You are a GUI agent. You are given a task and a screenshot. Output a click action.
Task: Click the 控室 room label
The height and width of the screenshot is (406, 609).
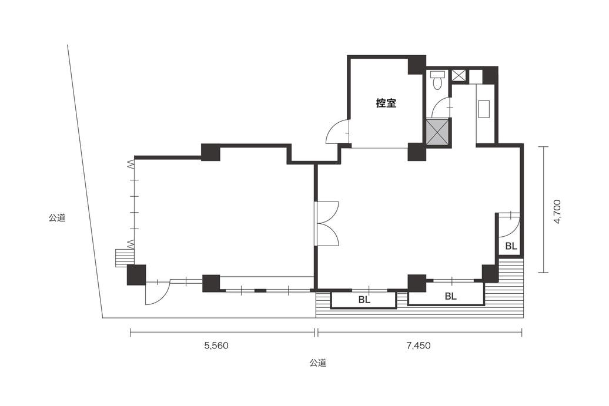[386, 103]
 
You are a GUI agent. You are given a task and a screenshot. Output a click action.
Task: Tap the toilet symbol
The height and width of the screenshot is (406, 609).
[437, 80]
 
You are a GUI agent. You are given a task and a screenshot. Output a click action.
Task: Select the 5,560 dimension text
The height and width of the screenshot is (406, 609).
[216, 345]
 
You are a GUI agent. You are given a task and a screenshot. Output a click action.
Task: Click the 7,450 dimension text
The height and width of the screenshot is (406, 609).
[419, 345]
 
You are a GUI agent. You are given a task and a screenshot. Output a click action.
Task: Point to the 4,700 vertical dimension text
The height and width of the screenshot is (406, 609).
[557, 212]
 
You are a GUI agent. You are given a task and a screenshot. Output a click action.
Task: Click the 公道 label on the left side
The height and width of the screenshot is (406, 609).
[56, 218]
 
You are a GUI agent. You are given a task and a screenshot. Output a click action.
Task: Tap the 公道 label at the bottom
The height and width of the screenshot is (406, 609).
[317, 363]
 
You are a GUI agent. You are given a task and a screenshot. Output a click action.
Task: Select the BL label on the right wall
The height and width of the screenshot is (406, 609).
[511, 246]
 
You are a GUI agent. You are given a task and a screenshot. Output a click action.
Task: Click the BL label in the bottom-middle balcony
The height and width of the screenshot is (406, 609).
[364, 300]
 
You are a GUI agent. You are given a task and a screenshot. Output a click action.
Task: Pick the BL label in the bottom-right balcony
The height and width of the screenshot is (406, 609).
[450, 297]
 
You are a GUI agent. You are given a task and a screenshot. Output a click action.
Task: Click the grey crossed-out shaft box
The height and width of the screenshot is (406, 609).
[438, 132]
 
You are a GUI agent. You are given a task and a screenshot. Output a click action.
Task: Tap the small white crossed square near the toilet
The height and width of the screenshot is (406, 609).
[460, 75]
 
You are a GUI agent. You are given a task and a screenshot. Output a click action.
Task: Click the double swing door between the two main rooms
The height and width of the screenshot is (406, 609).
[327, 224]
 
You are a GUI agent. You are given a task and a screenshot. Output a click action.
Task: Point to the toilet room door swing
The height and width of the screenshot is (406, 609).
[440, 108]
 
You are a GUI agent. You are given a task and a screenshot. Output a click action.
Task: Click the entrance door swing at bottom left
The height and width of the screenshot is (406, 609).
[158, 293]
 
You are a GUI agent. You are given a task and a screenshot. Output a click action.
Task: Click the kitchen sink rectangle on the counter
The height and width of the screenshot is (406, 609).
[485, 109]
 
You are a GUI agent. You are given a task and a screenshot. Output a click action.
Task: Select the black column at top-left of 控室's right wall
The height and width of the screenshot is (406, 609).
[416, 65]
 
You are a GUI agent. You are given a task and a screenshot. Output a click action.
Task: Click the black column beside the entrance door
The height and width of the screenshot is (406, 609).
[136, 275]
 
